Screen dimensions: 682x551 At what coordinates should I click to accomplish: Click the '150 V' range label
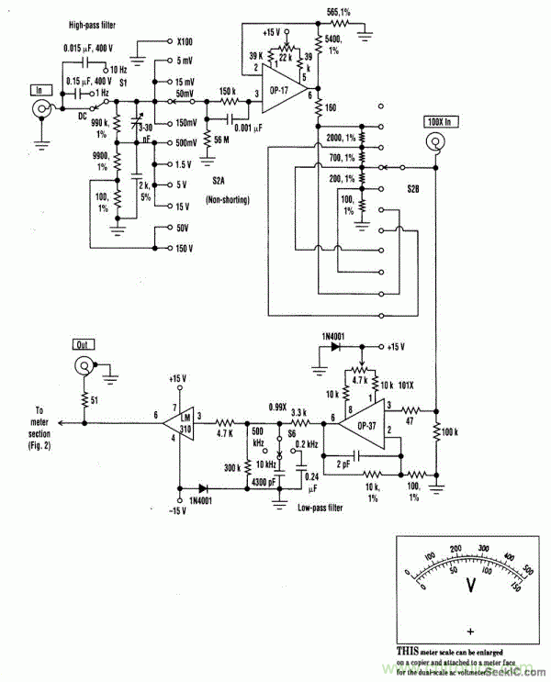pyautogui.click(x=186, y=248)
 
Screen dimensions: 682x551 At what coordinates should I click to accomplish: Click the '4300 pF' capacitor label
pyautogui.click(x=265, y=483)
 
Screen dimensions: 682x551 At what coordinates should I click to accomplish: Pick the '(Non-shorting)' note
pyautogui.click(x=225, y=198)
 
